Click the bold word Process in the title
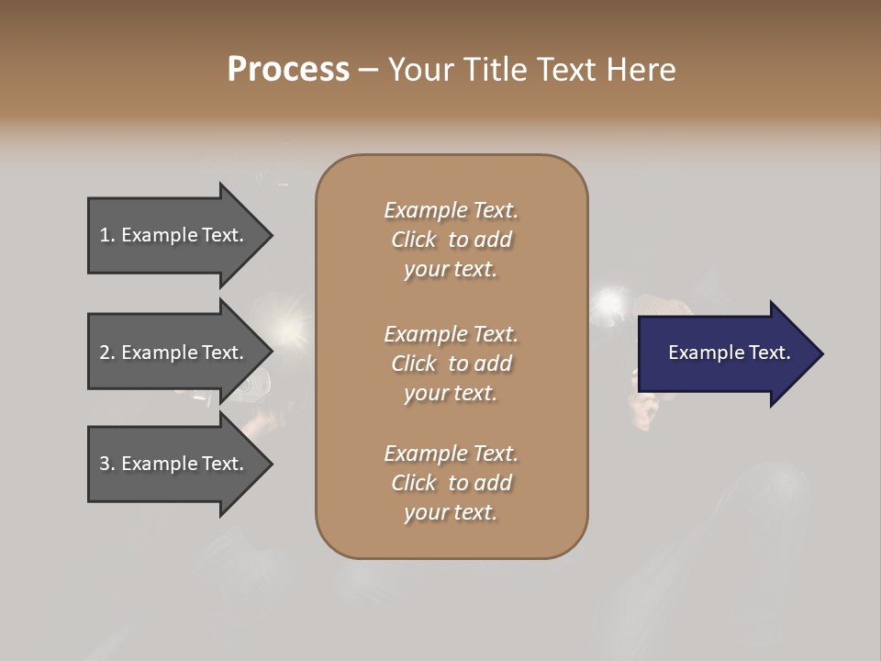click(x=288, y=70)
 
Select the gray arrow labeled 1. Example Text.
click(x=174, y=235)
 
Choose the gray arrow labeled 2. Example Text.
click(x=174, y=353)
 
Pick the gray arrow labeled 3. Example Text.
click(x=174, y=464)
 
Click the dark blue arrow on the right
click(x=725, y=353)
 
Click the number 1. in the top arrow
click(x=106, y=235)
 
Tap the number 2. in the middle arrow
click(x=106, y=353)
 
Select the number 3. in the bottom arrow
click(x=106, y=464)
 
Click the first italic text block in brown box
click(x=451, y=240)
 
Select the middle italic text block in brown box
click(x=451, y=363)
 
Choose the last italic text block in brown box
click(x=451, y=483)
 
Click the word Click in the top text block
click(x=413, y=240)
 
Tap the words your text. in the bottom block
click(x=451, y=512)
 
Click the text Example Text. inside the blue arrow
click(x=729, y=353)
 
